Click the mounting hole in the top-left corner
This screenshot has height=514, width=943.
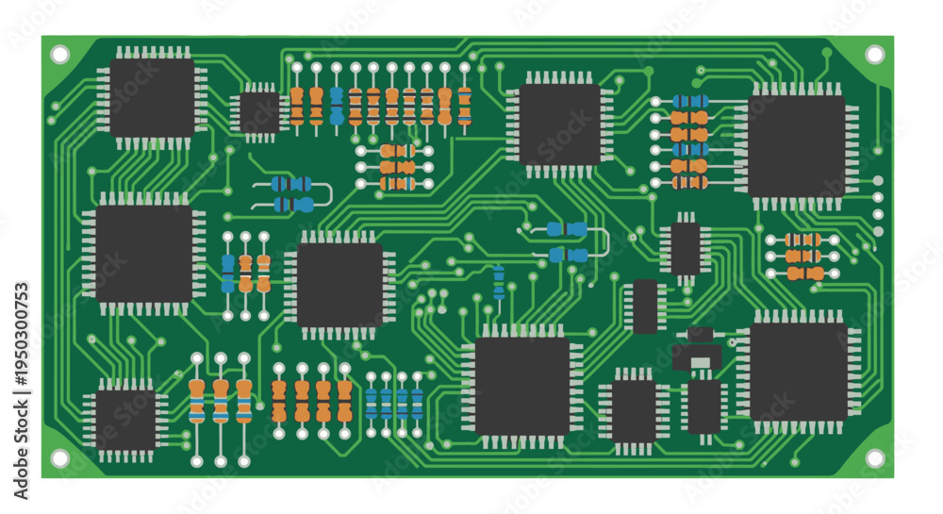click(59, 55)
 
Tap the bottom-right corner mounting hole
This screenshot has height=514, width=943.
click(874, 458)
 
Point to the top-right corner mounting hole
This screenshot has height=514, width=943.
click(874, 55)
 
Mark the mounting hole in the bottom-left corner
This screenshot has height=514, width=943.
click(59, 458)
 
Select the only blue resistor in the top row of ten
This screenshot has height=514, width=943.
click(337, 106)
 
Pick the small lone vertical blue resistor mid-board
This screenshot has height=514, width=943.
click(499, 283)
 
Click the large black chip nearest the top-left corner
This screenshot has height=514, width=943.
click(152, 98)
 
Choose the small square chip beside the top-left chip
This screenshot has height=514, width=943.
click(260, 112)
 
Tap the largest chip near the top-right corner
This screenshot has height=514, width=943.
click(797, 147)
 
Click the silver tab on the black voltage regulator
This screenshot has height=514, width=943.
click(702, 363)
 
